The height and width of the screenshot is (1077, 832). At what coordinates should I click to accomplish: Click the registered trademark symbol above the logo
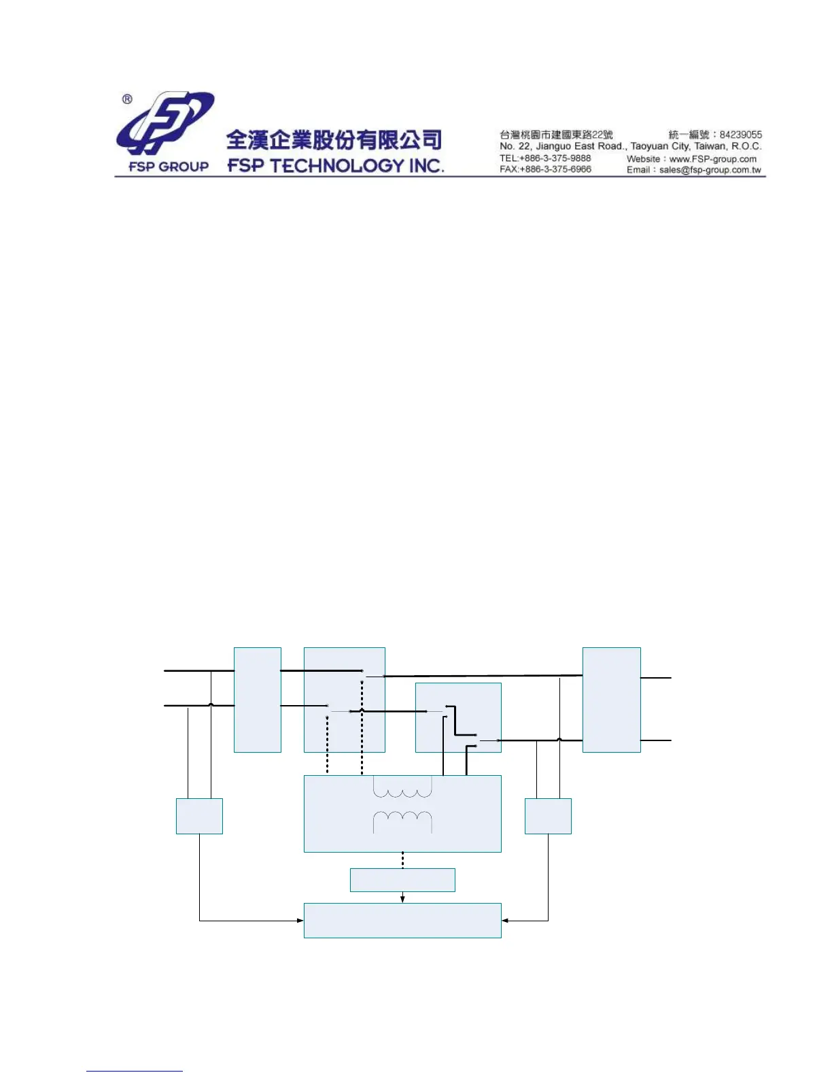point(127,99)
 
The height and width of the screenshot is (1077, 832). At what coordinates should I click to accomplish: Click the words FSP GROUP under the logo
point(169,167)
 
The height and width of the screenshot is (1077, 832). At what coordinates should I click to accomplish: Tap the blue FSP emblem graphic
point(165,124)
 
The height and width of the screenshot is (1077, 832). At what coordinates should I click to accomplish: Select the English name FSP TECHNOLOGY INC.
point(336,166)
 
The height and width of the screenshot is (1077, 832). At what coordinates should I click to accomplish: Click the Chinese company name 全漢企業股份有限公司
point(334,139)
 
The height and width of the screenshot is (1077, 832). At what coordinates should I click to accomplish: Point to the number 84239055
point(741,135)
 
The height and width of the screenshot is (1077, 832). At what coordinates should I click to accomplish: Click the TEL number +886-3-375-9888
point(555,158)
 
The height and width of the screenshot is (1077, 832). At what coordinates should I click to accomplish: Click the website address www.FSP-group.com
point(713,159)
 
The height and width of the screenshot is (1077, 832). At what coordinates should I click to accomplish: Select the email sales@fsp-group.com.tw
point(710,170)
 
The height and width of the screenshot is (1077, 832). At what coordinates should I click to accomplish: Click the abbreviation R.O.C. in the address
point(746,146)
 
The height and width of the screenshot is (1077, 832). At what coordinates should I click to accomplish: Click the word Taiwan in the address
point(710,146)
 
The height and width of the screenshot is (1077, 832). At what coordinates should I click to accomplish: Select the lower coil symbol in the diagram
point(402,819)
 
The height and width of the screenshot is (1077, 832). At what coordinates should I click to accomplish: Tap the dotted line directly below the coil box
point(402,860)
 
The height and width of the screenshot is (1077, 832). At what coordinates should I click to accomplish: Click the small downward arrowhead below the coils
point(402,899)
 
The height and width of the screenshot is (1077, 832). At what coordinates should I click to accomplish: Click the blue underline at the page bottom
point(135,1072)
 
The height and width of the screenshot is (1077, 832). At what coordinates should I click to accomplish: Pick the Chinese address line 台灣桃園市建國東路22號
point(556,135)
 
